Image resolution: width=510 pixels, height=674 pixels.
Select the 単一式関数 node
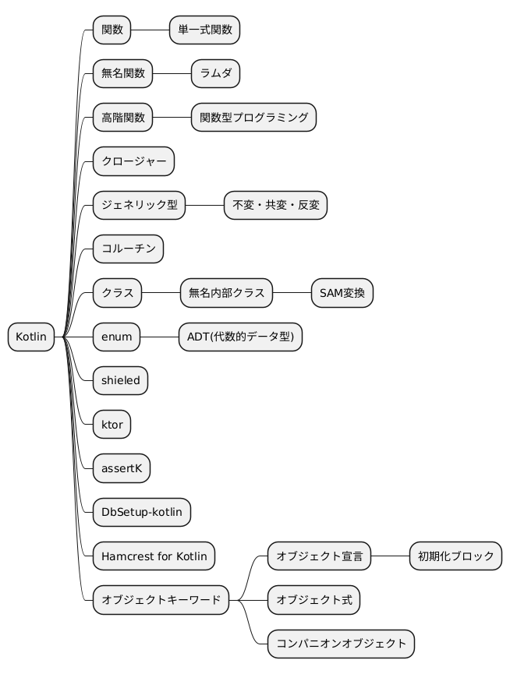pyautogui.click(x=205, y=30)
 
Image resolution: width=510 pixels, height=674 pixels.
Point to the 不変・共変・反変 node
pyautogui.click(x=276, y=206)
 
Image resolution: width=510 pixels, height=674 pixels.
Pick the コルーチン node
pyautogui.click(x=128, y=249)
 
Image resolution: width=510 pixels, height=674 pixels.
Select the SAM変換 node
pyautogui.click(x=342, y=294)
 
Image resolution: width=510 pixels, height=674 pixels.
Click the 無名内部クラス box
pyautogui.click(x=226, y=294)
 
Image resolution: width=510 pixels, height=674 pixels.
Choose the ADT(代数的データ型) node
pyautogui.click(x=240, y=337)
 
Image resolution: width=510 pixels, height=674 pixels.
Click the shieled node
pyautogui.click(x=120, y=381)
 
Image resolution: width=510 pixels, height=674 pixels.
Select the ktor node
pyautogui.click(x=112, y=425)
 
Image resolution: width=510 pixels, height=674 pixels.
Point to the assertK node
pyautogui.click(x=121, y=469)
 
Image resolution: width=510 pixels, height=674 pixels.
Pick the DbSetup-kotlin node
pyautogui.click(x=141, y=513)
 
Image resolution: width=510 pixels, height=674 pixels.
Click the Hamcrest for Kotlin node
pyautogui.click(x=154, y=556)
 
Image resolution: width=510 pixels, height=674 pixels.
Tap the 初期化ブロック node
pyautogui.click(x=455, y=556)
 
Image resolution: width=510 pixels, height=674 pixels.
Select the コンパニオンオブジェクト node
pyautogui.click(x=341, y=644)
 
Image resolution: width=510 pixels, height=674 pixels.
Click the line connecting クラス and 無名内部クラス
pyautogui.click(x=161, y=294)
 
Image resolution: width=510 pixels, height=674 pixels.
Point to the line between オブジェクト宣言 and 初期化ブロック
pyautogui.click(x=390, y=556)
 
